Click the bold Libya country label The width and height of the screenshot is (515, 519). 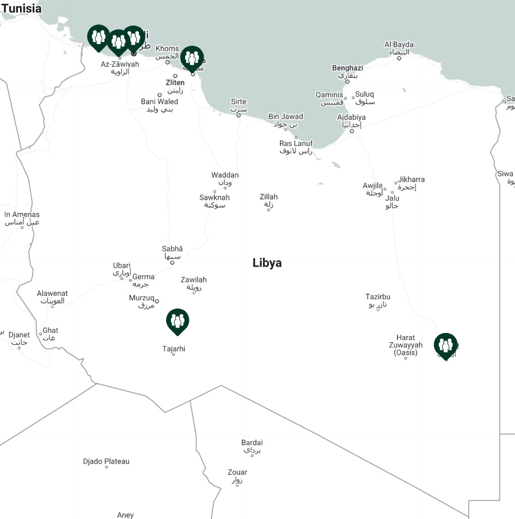(267, 263)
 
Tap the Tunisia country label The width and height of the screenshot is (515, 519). (21, 9)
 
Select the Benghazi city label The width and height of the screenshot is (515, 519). (347, 68)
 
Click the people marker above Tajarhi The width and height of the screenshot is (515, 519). (177, 320)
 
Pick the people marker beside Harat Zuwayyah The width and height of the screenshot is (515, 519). (445, 345)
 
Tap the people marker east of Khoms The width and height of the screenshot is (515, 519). (192, 58)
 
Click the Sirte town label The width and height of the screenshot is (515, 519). (238, 102)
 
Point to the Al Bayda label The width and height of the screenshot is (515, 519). (399, 45)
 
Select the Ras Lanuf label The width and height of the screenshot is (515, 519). (296, 144)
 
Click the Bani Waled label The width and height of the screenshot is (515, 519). (160, 102)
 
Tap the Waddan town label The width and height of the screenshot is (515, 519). (225, 175)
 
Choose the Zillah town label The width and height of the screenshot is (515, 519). (268, 197)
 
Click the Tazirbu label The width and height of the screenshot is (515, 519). (378, 297)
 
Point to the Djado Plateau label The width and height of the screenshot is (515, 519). (106, 461)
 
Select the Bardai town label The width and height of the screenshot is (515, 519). (252, 443)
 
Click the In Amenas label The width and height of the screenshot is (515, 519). (22, 215)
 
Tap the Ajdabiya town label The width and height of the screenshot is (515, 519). (351, 118)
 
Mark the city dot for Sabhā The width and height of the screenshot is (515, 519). (173, 263)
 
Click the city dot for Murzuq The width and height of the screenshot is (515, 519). (157, 301)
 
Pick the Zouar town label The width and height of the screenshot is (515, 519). (237, 472)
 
